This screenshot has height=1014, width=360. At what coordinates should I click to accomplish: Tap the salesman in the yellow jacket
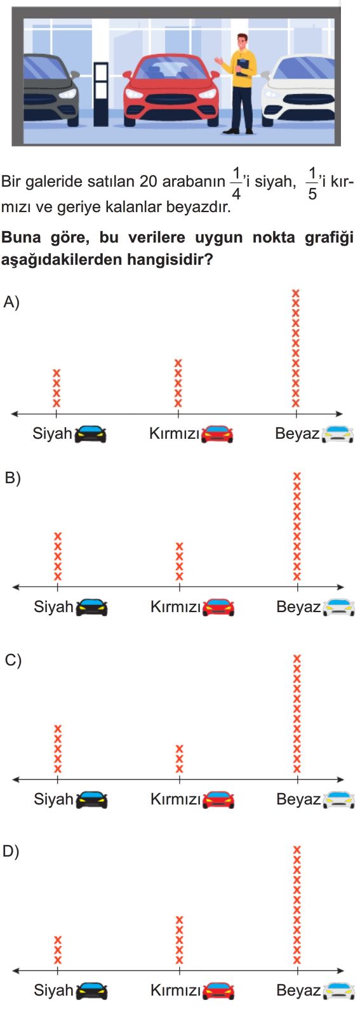point(239,84)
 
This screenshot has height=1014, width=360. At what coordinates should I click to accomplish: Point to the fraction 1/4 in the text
point(236,183)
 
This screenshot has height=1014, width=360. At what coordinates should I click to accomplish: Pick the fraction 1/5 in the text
point(312,183)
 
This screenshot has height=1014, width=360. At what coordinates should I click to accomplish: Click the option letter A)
point(11,302)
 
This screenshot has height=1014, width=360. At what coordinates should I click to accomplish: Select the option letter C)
point(13,660)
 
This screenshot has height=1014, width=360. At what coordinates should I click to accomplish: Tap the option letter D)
point(11,851)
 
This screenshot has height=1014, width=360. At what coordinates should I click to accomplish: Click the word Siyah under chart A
point(52,434)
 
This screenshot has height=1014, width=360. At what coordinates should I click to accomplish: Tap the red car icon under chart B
point(218,608)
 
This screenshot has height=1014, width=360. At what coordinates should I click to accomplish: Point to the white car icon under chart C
point(338,800)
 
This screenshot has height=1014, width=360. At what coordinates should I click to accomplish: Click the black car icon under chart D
point(91,991)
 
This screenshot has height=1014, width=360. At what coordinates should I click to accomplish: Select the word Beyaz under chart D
point(298,991)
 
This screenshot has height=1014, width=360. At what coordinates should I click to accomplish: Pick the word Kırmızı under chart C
point(175,799)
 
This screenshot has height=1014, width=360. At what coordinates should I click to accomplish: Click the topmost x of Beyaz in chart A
point(296,293)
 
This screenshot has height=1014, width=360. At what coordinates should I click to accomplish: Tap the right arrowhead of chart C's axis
point(340,779)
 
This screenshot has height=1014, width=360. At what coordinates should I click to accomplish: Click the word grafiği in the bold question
point(329,238)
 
